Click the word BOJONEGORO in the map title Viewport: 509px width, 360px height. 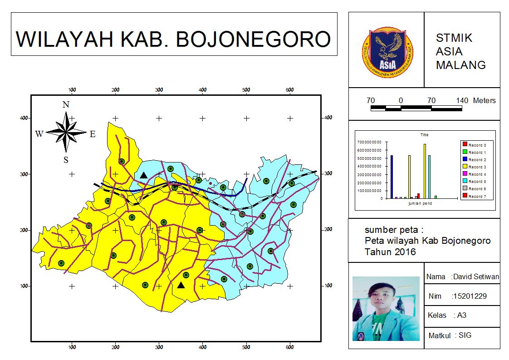pos(253,39)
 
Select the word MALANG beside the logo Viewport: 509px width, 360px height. pos(460,65)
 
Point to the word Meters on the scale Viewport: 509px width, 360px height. pos(484,100)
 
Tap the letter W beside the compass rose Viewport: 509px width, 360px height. pos(39,134)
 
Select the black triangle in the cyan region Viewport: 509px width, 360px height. pos(143,175)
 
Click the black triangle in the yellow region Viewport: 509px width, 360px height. pos(181,285)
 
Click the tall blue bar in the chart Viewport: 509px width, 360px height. pos(392,177)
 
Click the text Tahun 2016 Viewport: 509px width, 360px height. pos(390,252)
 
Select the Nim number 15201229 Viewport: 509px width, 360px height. pos(470,296)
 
